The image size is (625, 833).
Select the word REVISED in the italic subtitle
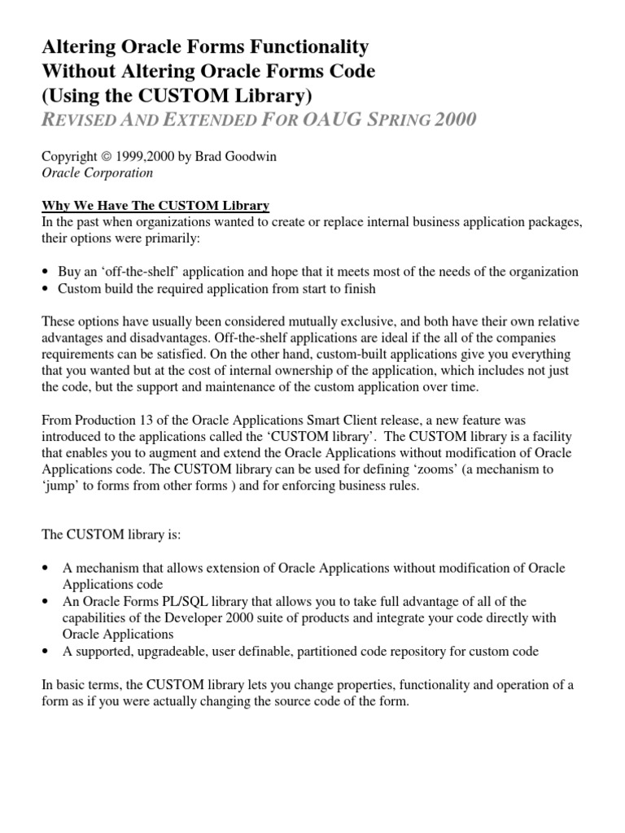coord(80,120)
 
